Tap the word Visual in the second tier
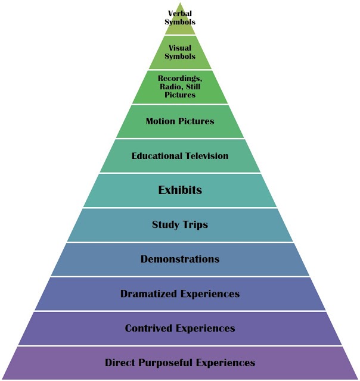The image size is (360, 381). click(180, 48)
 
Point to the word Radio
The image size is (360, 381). click(170, 86)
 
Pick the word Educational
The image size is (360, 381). click(152, 156)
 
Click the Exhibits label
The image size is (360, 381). click(180, 190)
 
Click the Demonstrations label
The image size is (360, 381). click(180, 259)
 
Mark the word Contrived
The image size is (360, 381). click(147, 328)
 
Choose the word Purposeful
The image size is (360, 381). click(167, 363)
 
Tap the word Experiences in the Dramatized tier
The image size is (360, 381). click(207, 294)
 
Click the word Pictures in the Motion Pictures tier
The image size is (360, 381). click(197, 121)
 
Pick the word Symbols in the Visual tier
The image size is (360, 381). click(180, 57)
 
